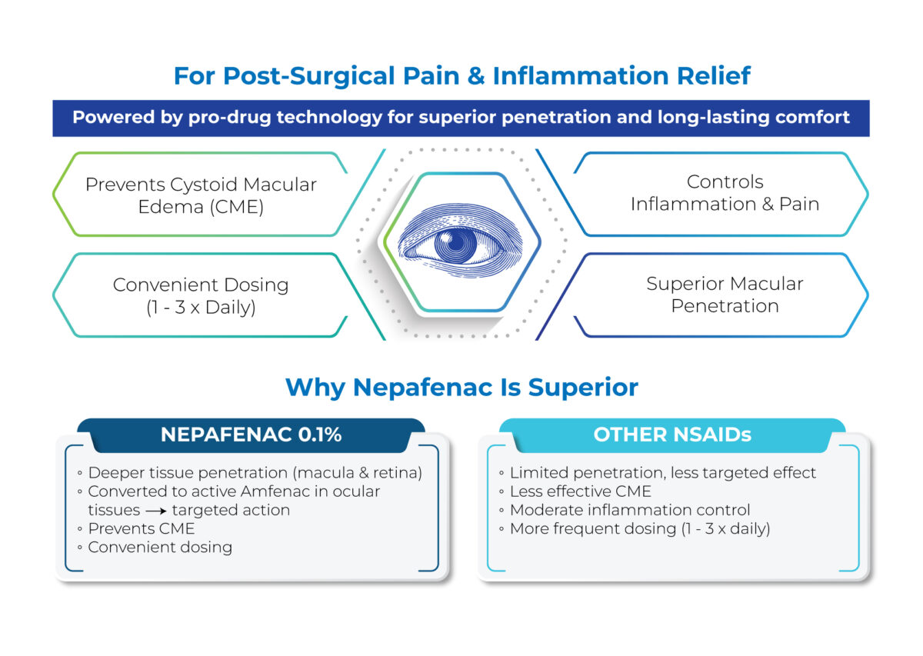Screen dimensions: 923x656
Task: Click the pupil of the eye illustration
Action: click(x=456, y=243)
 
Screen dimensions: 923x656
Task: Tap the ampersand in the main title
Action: click(x=476, y=76)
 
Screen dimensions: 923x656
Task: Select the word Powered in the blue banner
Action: click(x=114, y=117)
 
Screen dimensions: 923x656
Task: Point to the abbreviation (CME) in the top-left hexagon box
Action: click(x=237, y=207)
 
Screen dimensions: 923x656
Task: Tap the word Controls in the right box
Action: click(x=725, y=181)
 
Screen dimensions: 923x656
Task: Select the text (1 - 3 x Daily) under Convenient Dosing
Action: click(x=201, y=308)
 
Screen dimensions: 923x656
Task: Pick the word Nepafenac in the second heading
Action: click(x=423, y=388)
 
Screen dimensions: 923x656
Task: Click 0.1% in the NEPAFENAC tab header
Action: click(x=320, y=435)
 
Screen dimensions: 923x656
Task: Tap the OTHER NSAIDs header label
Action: click(x=672, y=435)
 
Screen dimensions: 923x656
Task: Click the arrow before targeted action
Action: click(x=156, y=511)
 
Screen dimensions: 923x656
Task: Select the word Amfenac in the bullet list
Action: click(x=275, y=491)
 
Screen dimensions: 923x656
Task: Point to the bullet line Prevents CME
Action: click(x=142, y=528)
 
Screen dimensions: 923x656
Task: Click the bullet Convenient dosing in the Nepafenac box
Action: click(x=160, y=548)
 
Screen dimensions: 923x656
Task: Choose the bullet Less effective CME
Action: click(x=580, y=491)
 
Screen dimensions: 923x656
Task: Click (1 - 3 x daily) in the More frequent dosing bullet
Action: click(x=725, y=529)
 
